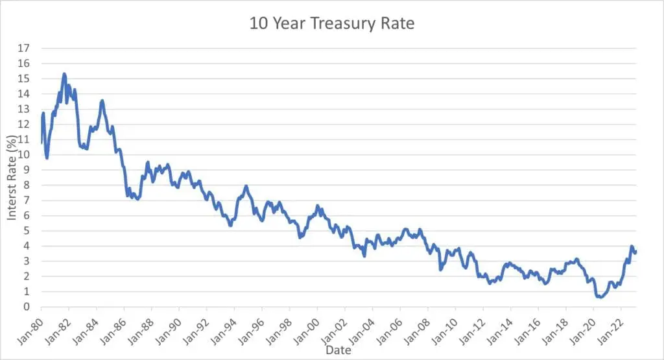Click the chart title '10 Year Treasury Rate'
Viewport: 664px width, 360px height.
pyautogui.click(x=331, y=24)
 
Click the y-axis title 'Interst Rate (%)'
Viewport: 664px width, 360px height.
pyautogui.click(x=12, y=177)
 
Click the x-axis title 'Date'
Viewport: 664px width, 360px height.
pyautogui.click(x=338, y=350)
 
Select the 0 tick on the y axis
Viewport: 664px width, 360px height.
pyautogui.click(x=27, y=307)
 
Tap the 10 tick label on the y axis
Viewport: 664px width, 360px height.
pyautogui.click(x=24, y=155)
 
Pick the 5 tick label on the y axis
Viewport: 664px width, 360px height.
pyautogui.click(x=27, y=231)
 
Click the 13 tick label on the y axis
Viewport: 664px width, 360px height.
pyautogui.click(x=24, y=109)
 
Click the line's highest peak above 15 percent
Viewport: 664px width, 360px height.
pyautogui.click(x=64, y=74)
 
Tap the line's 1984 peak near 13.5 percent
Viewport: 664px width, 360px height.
pyautogui.click(x=102, y=101)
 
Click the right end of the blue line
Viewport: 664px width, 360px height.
pyautogui.click(x=636, y=252)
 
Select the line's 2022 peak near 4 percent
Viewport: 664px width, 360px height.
pyautogui.click(x=632, y=246)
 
